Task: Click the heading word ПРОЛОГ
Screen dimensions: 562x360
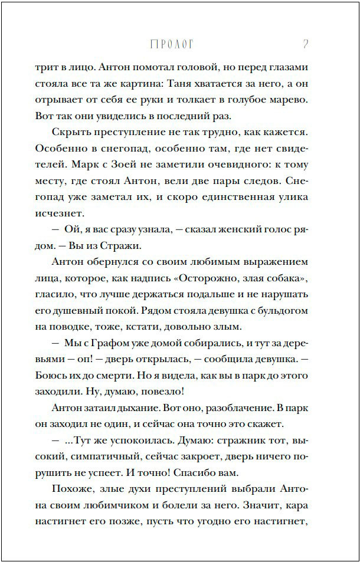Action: click(172, 44)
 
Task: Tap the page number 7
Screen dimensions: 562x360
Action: click(305, 44)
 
